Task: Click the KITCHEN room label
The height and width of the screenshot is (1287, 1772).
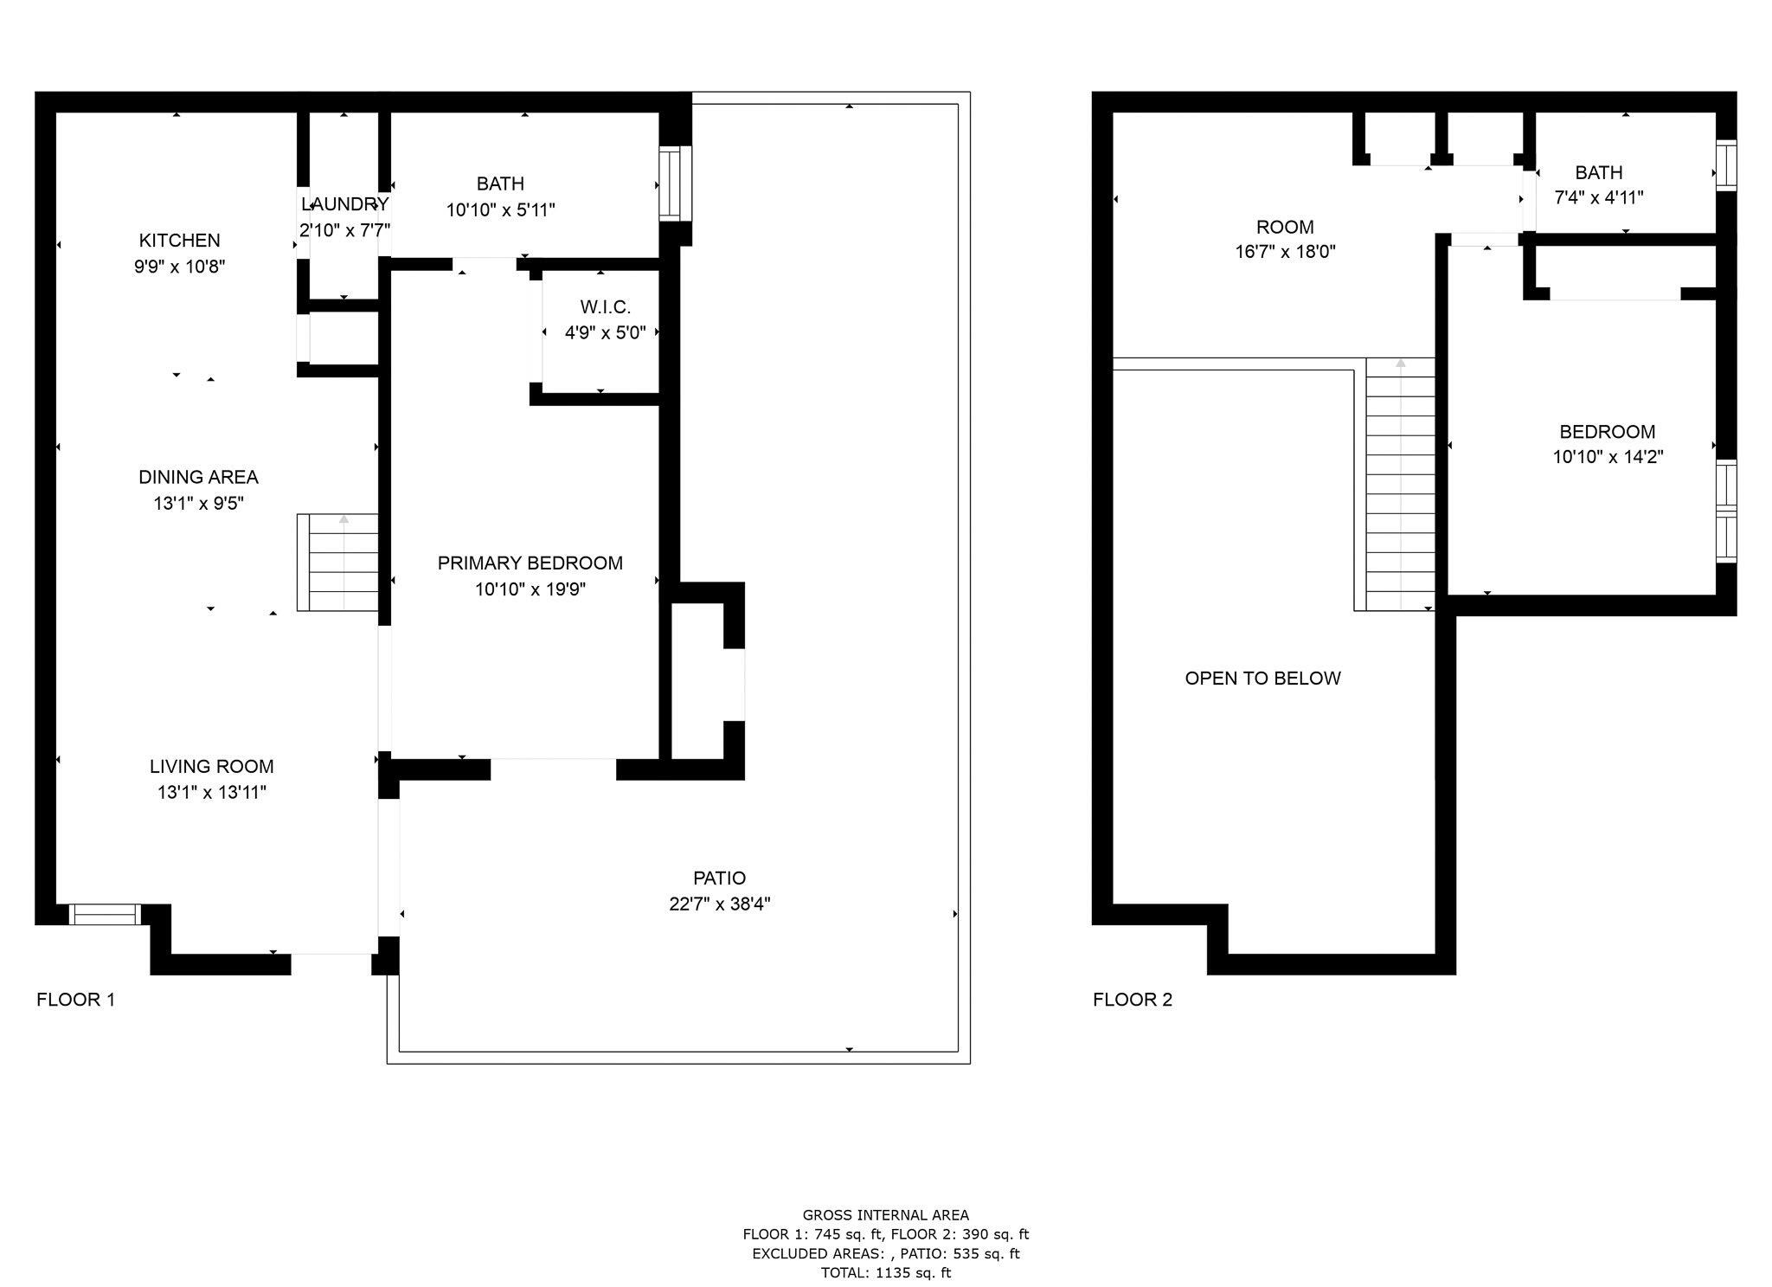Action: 179,241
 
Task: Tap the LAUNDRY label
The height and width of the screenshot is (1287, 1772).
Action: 344,204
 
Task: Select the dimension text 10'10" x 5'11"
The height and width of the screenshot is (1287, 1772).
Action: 500,210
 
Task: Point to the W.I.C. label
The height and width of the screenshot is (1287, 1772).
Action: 605,307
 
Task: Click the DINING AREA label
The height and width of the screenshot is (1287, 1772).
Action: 198,477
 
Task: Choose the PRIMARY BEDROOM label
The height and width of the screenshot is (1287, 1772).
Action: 530,563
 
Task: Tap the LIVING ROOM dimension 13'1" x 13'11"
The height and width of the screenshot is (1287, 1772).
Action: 211,793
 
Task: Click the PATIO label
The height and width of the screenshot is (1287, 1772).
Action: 719,878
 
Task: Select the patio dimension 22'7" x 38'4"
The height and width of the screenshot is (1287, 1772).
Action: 719,904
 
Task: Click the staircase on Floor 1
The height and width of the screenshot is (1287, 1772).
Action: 338,563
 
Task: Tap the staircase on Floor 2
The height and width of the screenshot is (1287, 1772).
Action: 1400,485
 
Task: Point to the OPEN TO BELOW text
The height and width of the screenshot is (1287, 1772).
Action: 1262,679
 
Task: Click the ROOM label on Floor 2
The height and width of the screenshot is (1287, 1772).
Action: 1285,228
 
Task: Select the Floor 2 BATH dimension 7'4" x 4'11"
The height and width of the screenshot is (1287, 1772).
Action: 1598,198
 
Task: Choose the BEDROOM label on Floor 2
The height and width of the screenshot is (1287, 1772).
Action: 1607,432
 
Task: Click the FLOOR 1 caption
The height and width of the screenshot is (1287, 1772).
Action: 75,1000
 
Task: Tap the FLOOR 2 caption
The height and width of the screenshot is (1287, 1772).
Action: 1132,1000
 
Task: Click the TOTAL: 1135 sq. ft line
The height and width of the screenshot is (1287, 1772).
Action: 885,1272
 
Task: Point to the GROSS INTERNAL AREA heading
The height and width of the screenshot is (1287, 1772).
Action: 885,1215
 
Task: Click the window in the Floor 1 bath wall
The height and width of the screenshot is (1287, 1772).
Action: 675,183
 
